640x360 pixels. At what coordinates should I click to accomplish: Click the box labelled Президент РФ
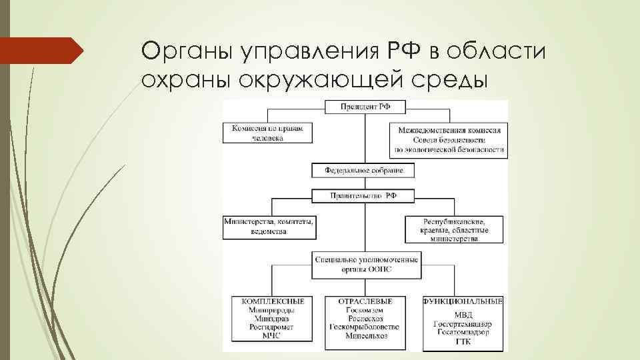364,107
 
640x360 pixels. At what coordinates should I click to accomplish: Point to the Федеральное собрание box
363,171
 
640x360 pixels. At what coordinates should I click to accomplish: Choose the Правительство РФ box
363,196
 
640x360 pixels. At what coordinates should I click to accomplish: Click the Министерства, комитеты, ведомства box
269,227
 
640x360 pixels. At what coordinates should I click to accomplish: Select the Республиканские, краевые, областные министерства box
455,229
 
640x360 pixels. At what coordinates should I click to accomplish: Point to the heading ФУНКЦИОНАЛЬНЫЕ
463,302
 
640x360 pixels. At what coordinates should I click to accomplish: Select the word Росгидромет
269,327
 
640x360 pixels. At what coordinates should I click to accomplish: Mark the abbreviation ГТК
463,341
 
